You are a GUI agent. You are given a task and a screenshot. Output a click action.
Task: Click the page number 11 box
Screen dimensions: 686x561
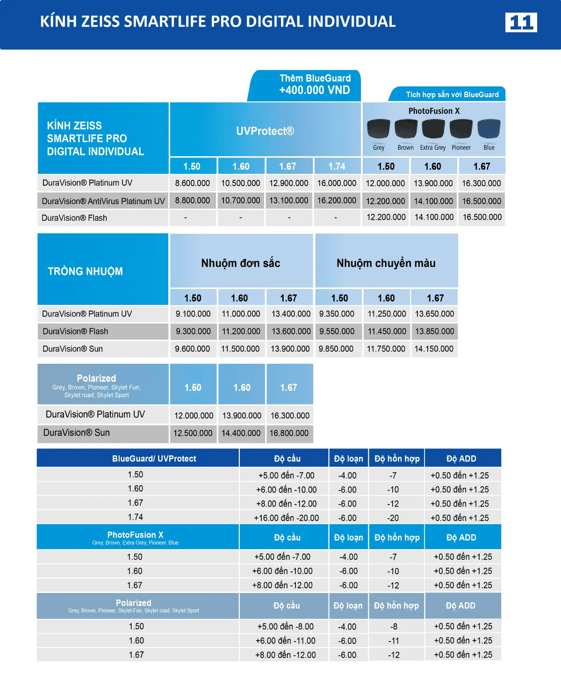coord(521,22)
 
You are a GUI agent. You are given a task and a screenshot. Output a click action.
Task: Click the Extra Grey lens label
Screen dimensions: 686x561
coord(432,148)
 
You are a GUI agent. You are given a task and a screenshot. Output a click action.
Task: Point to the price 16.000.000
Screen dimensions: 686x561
coord(337,183)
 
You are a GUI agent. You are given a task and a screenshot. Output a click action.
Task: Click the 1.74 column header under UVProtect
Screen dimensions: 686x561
coord(337,166)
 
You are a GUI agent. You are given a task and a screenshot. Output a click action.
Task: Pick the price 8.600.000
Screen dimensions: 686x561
coord(193,183)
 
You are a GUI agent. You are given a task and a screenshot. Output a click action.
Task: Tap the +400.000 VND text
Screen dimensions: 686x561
coord(314,90)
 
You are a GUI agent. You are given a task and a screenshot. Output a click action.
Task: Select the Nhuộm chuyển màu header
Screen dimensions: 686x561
coord(386,263)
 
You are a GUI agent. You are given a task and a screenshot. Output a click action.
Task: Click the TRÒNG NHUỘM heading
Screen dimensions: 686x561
coord(85,271)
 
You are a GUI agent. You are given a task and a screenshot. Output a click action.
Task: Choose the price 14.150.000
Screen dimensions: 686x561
coord(434,349)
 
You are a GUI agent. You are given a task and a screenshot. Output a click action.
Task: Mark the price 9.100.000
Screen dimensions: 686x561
coord(193,314)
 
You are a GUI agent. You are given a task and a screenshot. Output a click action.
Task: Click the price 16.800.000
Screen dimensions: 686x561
coord(289,433)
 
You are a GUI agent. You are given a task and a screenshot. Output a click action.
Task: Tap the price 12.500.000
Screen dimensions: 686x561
coord(193,433)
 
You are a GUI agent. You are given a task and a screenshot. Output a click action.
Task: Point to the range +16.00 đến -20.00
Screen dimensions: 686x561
coord(286,518)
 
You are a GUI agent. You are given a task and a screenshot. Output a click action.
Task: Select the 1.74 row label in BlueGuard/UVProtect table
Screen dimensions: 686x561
coord(136,517)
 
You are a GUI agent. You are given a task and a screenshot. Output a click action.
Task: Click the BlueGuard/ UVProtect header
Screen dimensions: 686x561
coord(154,459)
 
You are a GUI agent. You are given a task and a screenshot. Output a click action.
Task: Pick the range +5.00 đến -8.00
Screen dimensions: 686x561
coord(285,627)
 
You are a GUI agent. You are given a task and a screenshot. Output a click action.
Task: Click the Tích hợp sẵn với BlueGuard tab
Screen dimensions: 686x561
coord(452,94)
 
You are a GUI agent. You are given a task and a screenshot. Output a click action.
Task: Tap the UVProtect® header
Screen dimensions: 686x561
coord(265,131)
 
